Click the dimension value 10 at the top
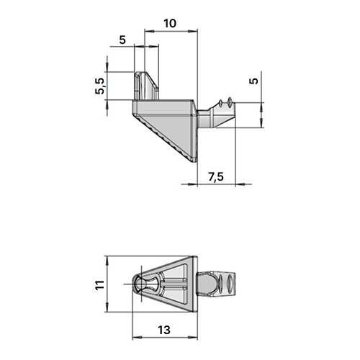170,22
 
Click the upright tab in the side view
146,86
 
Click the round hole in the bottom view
140,284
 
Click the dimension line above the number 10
171,31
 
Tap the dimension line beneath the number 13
164,338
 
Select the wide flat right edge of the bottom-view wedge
194,284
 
